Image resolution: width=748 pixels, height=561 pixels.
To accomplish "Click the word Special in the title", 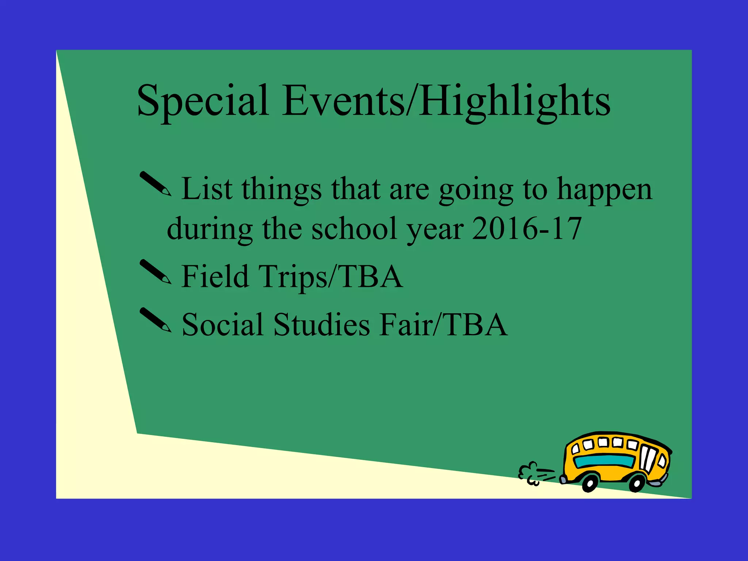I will tap(203, 100).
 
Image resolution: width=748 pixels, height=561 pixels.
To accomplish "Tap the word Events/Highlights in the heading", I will tap(446, 100).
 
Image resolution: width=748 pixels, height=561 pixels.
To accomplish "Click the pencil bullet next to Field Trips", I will tap(156, 272).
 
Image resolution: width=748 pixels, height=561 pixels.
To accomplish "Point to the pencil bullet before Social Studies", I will tap(156, 320).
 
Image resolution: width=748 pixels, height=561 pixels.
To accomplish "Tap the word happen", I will tap(604, 190).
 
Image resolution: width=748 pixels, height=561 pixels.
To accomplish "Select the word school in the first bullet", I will tap(354, 229).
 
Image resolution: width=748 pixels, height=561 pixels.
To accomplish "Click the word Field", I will tap(215, 276).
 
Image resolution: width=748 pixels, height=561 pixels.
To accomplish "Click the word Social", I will tap(222, 324).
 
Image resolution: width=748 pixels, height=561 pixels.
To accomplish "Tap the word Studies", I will tap(321, 324).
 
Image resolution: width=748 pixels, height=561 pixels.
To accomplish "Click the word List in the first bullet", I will tap(207, 189).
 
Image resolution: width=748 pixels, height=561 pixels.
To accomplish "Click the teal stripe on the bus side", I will tap(604, 461).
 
